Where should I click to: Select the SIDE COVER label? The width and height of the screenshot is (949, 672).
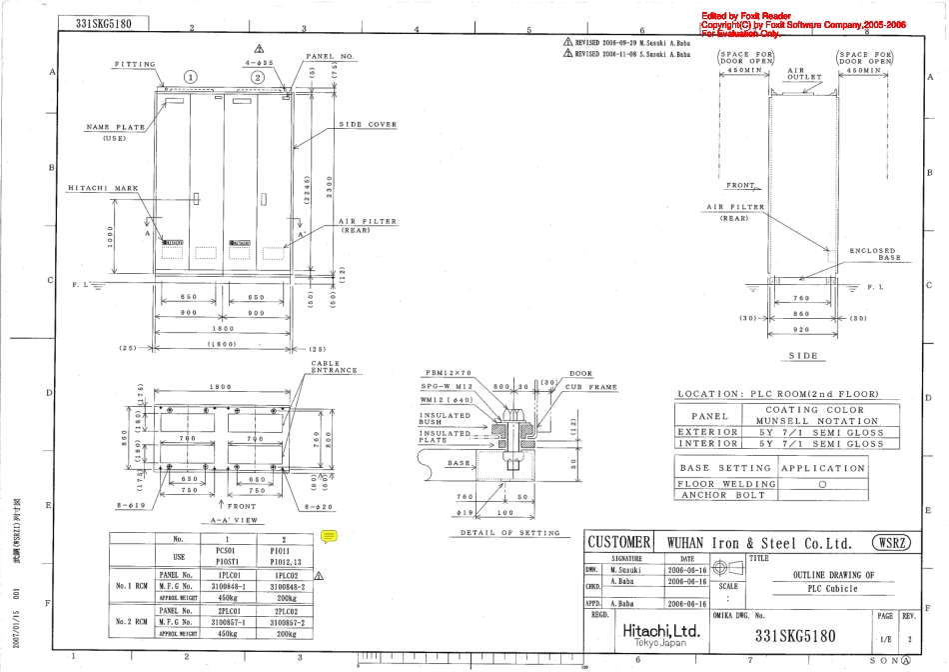[369, 125]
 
